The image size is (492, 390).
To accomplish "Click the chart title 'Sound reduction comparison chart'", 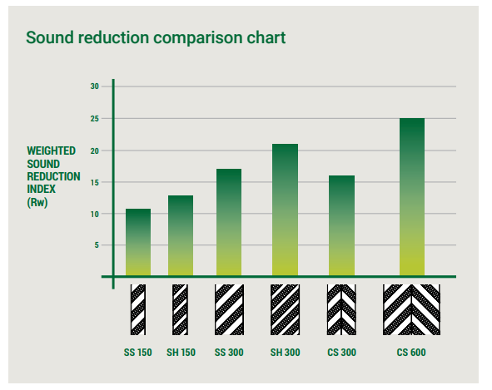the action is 156,38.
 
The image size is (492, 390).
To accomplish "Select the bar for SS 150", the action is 138,242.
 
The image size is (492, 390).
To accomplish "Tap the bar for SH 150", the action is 181,235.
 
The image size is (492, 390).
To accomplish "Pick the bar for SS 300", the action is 229,222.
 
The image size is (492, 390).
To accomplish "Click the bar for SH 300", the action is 286,210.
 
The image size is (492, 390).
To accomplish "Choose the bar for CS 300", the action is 341,225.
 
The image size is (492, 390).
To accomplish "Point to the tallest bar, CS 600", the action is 412,197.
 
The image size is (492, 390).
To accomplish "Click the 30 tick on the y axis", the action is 95,86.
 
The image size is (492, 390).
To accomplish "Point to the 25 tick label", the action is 95,119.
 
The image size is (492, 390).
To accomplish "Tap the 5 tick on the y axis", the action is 97,244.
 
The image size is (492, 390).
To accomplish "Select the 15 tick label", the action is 95,182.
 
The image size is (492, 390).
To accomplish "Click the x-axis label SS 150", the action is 137,353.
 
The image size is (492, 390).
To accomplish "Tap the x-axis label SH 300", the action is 286,353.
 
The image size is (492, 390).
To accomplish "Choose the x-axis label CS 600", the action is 411,353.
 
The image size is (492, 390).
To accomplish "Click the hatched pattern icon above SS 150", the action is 138,309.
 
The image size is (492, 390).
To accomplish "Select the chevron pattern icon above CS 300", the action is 341,309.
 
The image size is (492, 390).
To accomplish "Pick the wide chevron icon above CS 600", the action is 411,309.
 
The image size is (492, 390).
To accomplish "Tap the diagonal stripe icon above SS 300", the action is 230,309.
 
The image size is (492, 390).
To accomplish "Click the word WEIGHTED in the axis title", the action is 51,151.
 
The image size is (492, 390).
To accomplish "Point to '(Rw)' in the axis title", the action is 37,202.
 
